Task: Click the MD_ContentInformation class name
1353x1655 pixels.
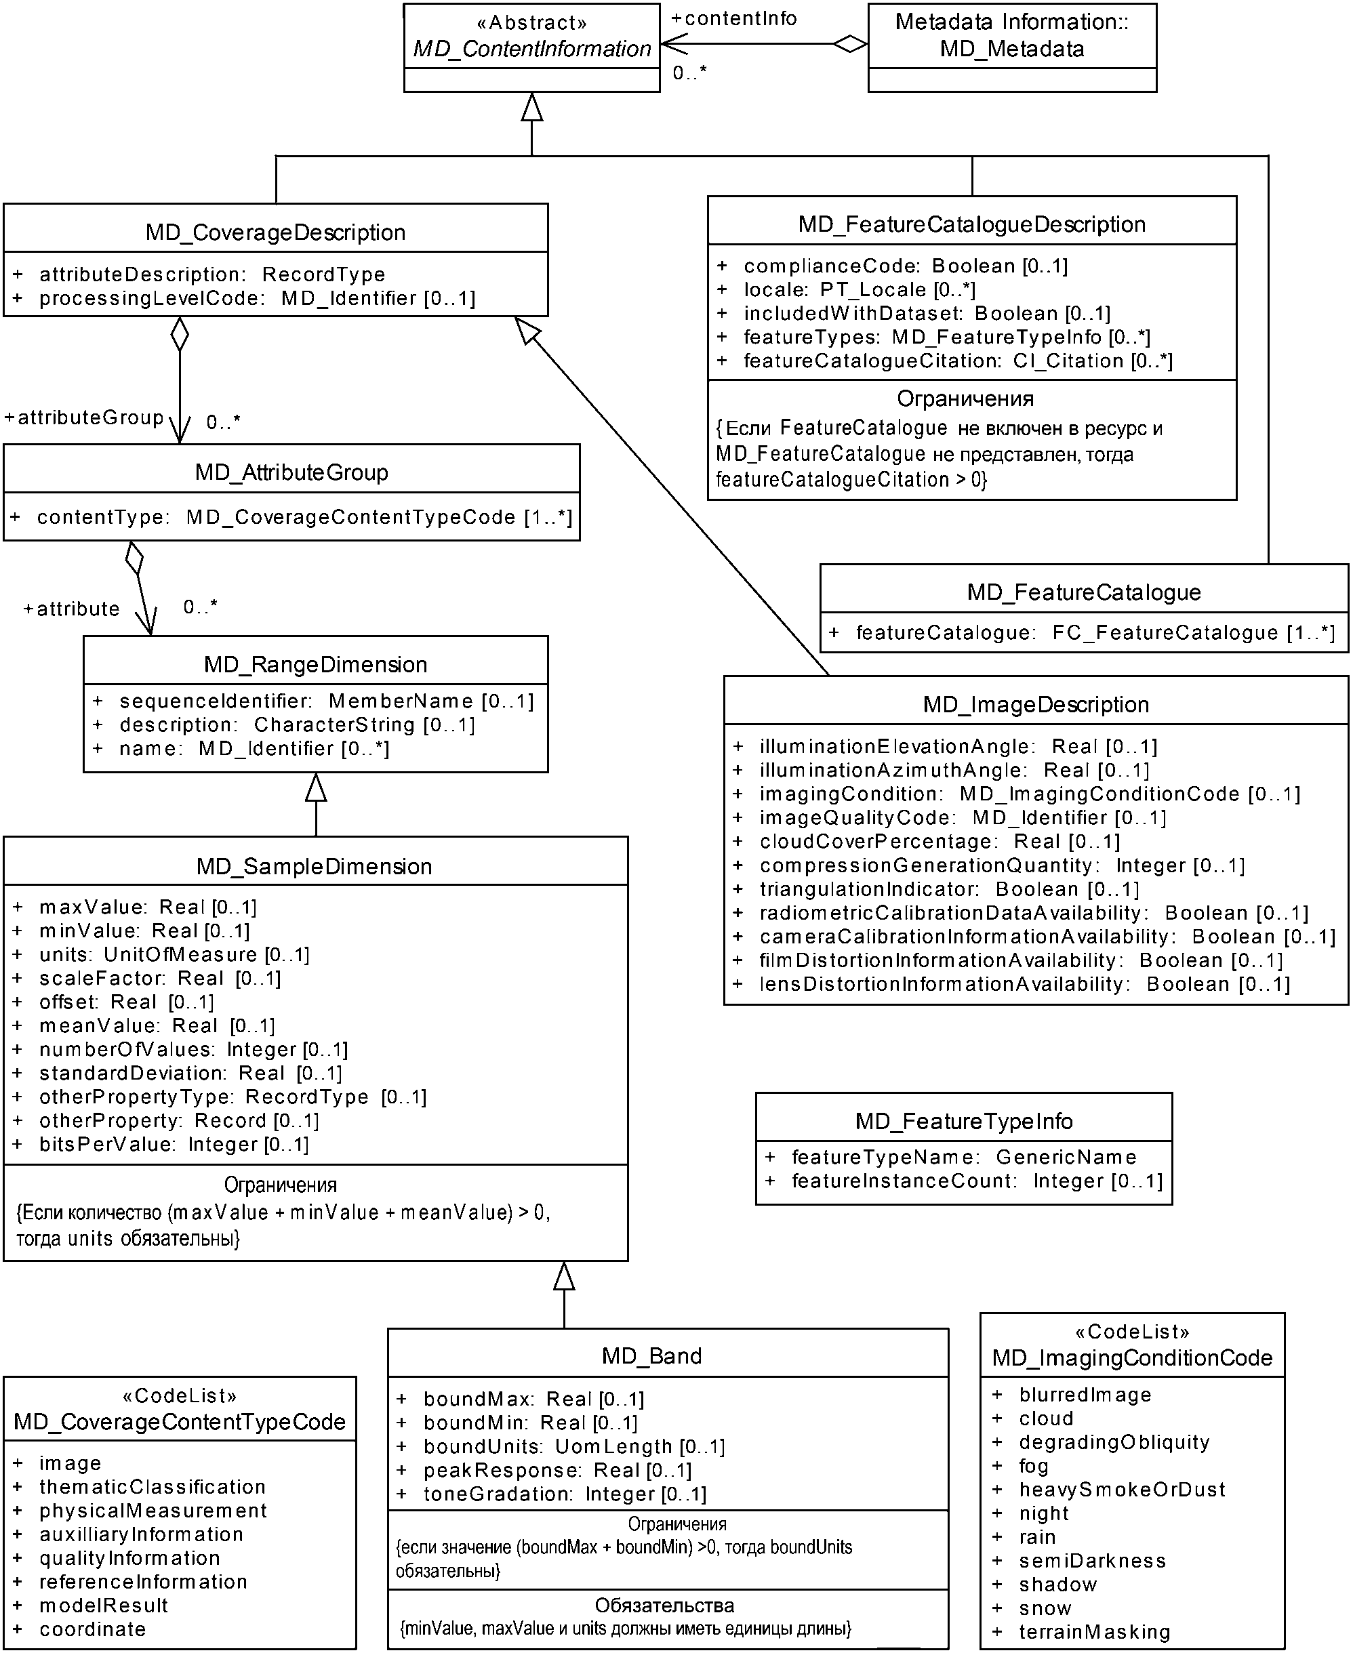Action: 531,49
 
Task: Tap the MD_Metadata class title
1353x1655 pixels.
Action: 1011,36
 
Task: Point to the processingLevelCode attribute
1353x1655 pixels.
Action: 257,298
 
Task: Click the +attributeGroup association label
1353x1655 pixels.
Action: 84,418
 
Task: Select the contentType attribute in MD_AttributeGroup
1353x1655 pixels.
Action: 304,517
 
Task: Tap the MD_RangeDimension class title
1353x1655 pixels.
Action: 316,665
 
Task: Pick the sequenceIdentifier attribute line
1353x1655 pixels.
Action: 326,701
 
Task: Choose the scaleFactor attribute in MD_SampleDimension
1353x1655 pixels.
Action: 160,979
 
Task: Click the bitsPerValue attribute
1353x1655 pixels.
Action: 174,1145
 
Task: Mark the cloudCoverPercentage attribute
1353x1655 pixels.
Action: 939,842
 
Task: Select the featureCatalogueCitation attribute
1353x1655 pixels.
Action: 957,361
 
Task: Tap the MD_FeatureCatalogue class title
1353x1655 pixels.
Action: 1083,592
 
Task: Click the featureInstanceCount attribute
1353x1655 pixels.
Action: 977,1181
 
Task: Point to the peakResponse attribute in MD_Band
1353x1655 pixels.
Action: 557,1471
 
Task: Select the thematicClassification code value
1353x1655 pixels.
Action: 152,1487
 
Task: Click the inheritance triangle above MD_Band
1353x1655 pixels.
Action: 564,1275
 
